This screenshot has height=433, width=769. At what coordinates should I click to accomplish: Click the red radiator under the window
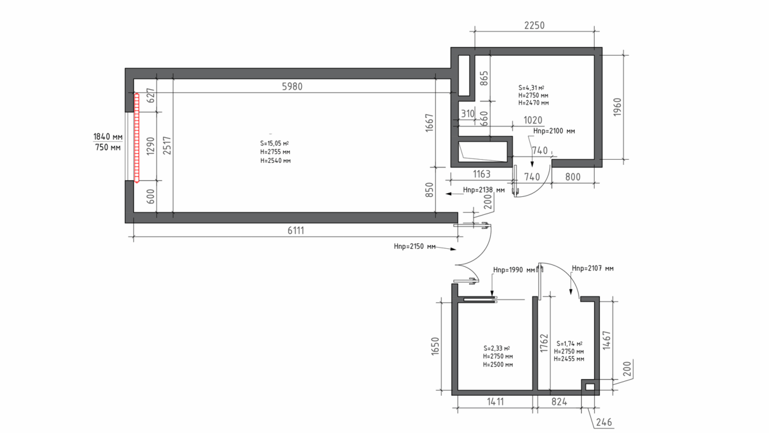(136, 138)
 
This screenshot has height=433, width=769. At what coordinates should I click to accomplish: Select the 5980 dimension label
(292, 86)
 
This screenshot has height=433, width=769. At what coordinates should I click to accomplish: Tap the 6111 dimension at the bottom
(295, 230)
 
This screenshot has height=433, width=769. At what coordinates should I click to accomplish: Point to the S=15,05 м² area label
(274, 143)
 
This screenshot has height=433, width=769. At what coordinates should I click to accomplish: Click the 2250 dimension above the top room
(534, 26)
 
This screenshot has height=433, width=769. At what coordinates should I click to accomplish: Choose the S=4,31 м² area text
(531, 88)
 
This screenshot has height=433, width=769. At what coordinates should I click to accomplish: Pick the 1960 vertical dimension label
(617, 107)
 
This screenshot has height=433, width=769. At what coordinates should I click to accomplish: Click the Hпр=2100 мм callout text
(554, 131)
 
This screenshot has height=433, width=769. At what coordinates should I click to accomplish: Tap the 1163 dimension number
(482, 174)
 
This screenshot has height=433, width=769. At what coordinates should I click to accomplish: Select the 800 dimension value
(573, 177)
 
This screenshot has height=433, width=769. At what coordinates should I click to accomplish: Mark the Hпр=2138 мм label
(484, 190)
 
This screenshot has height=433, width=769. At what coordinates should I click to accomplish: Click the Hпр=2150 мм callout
(415, 246)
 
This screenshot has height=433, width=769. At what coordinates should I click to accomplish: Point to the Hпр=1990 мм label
(514, 270)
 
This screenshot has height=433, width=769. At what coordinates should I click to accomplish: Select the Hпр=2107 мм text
(593, 268)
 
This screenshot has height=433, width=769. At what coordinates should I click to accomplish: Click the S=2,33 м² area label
(497, 348)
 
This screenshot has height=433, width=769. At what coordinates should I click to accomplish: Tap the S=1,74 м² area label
(569, 344)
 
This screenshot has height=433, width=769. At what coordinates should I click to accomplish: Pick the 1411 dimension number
(495, 402)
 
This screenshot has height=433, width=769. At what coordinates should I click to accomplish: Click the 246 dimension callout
(604, 422)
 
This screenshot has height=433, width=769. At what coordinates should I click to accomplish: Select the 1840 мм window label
(108, 137)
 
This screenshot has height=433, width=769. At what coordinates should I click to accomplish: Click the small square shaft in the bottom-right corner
(590, 387)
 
